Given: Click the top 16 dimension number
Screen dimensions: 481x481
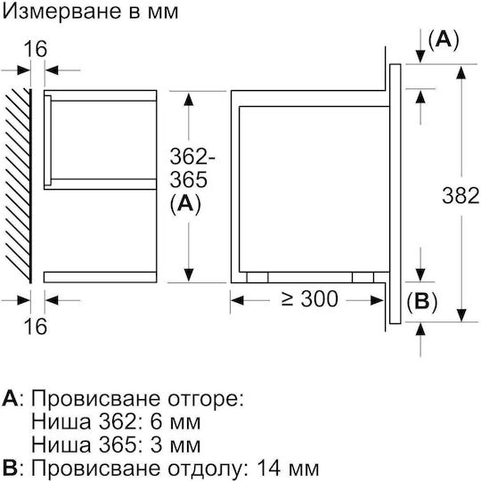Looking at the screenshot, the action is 36,49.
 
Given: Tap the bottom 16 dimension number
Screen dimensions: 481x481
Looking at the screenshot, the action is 36,326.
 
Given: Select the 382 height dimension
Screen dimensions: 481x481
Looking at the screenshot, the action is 461,196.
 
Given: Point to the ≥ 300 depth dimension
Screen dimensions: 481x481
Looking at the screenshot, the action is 310,298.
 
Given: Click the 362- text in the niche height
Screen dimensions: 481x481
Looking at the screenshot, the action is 192,156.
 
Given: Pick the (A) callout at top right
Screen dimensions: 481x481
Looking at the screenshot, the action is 444,40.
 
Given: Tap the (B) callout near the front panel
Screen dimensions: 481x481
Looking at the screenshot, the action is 422,302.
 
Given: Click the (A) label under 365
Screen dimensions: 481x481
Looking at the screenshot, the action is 185,204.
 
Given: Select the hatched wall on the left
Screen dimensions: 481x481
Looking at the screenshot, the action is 19,185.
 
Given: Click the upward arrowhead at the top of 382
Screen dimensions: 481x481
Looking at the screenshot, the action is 461,72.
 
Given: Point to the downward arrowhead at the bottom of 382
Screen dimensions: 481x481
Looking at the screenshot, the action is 461,314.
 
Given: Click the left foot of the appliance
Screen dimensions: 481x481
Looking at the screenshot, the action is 257,277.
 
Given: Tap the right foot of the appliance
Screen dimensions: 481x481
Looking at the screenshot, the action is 363,277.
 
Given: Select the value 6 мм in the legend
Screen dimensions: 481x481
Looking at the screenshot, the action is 175,422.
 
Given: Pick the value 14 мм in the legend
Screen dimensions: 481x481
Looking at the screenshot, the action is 288,469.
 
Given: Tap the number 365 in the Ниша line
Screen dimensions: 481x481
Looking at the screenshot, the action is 117,445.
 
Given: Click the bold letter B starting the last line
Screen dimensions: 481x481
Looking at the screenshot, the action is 10,469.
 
